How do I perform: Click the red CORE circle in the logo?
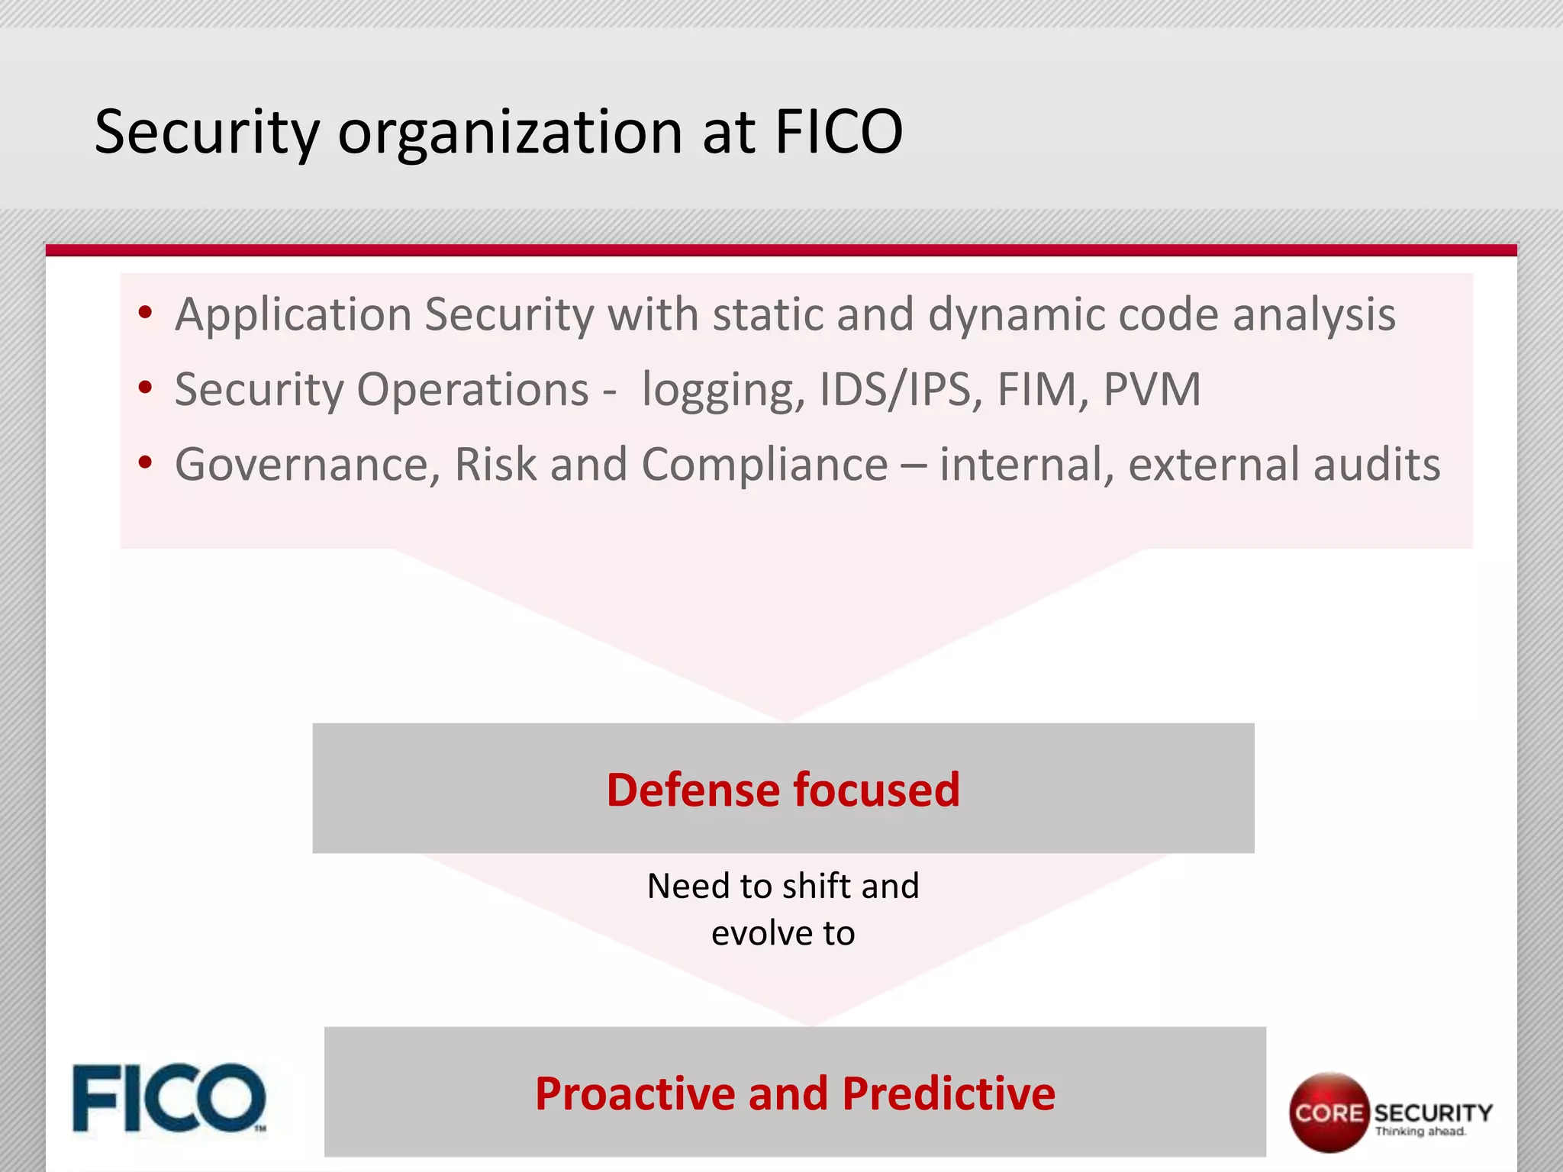(x=1329, y=1112)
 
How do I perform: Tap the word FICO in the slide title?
(x=838, y=132)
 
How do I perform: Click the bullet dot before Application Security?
(x=145, y=313)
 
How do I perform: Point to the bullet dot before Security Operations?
(x=145, y=388)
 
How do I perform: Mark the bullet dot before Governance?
(x=145, y=462)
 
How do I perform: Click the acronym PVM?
(x=1152, y=389)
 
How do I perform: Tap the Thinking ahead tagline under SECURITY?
(x=1420, y=1132)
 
